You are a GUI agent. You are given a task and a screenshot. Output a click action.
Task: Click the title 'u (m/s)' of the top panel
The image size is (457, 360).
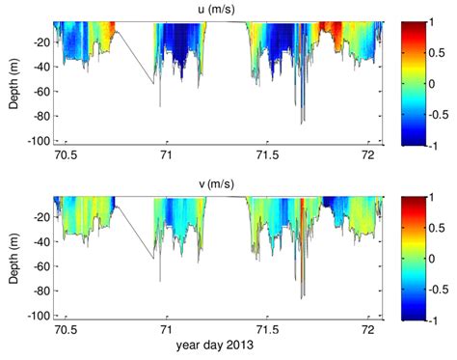220,9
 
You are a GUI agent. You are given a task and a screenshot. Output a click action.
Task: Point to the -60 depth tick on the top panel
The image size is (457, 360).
41,100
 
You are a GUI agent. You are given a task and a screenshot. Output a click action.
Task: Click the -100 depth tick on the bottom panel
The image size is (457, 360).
40,316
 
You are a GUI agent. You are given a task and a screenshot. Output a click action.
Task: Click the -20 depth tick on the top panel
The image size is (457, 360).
41,42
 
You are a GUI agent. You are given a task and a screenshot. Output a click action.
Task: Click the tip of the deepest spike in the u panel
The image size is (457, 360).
302,125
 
